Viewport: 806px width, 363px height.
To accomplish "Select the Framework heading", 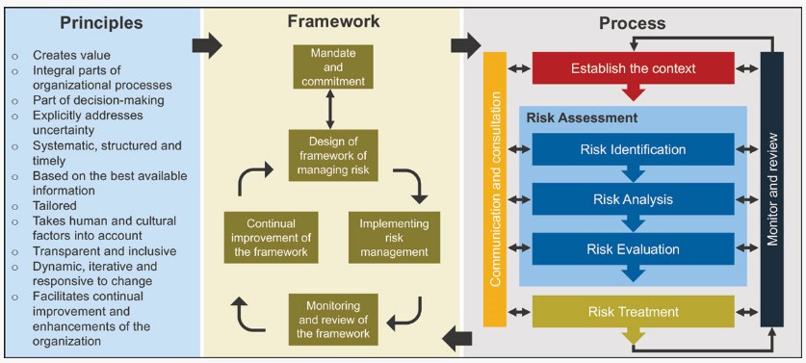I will pos(332,20).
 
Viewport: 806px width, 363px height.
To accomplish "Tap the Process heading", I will pos(632,22).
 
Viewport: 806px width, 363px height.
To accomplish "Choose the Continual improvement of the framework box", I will pos(269,238).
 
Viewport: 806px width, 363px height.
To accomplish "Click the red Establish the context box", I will pos(633,68).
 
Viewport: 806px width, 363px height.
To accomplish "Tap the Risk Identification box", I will pos(633,149).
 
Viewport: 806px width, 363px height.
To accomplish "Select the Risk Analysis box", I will pos(633,199).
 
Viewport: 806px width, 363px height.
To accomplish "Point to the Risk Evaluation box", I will pos(633,249).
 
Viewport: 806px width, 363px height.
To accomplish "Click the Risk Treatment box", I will pos(633,312).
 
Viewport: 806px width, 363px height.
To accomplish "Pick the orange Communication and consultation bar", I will pos(494,188).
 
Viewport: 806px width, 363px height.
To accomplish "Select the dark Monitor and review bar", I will pos(772,188).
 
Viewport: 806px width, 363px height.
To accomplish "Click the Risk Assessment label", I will pos(568,117).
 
